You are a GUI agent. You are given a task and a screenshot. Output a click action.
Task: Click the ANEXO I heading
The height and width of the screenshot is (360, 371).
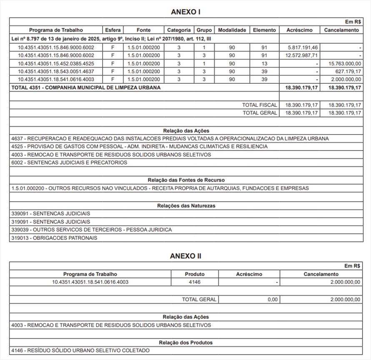185,12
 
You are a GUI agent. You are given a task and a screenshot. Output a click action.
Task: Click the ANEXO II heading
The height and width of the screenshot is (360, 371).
185,256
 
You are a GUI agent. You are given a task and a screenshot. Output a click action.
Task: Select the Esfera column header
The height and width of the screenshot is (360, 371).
113,30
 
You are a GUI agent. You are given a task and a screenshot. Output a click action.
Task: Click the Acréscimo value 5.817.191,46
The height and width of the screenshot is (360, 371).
300,47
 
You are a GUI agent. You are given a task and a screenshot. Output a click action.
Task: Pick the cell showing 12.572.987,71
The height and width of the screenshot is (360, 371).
299,55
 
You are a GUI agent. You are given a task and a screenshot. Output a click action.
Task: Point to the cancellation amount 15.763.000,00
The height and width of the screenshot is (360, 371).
344,63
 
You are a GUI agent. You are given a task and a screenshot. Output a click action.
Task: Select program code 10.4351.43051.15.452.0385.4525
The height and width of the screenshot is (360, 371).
56,63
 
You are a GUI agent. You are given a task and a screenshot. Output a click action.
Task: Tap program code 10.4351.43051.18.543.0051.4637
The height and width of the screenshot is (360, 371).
56,71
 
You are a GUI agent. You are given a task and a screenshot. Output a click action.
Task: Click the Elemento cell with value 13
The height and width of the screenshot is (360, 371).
264,63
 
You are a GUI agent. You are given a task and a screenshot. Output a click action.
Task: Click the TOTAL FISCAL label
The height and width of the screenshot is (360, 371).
259,105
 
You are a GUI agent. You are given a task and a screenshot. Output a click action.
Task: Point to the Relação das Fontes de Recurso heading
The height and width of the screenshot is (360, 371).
186,180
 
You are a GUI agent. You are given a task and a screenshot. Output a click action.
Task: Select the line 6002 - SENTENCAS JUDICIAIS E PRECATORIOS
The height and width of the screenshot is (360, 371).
70,162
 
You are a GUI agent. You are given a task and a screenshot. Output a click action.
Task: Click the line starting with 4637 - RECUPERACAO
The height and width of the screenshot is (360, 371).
170,138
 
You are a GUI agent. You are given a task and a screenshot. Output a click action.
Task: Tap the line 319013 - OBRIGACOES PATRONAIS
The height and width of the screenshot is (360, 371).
54,238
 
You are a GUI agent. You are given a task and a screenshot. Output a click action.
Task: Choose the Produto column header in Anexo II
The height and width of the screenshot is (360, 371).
195,274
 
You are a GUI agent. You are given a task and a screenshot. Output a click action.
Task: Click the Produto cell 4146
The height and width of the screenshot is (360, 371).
195,282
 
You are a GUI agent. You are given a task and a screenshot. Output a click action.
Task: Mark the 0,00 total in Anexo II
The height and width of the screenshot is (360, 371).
272,300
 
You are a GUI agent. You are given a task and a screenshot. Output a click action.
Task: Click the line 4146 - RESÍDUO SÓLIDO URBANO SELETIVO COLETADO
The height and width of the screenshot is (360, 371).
80,350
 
